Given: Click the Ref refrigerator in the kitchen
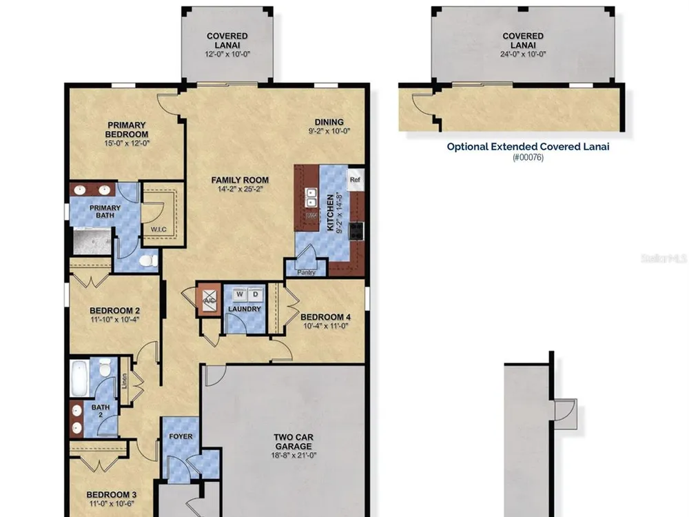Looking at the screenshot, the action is coord(356,179).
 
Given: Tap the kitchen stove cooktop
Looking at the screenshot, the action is coord(356,231).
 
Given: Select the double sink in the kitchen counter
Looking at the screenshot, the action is coord(311,198).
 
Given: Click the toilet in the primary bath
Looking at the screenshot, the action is coord(149,261).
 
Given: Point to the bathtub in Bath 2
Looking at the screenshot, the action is coord(79,378).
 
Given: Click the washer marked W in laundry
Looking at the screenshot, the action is coord(240,294).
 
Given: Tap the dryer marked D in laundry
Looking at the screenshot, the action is coord(256,294).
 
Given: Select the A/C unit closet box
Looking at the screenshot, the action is coord(209,300).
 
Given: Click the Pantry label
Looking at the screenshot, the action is coord(307,272).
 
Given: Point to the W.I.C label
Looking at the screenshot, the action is coord(158,230).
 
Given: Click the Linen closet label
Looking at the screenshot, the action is coord(124,381).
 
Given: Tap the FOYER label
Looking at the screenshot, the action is coord(181,436).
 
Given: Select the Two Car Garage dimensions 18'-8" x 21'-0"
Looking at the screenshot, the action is coord(294,456).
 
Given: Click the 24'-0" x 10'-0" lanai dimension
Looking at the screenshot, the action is coord(523,54).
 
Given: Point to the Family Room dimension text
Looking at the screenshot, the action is coord(240,189).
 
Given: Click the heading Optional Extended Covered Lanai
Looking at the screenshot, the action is coord(528,147).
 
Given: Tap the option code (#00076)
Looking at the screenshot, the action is coord(528,157).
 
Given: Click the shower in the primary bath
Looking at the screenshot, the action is coord(92,241).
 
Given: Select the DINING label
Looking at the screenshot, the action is coord(329,122).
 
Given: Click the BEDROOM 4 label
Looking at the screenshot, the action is coord(326,317).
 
